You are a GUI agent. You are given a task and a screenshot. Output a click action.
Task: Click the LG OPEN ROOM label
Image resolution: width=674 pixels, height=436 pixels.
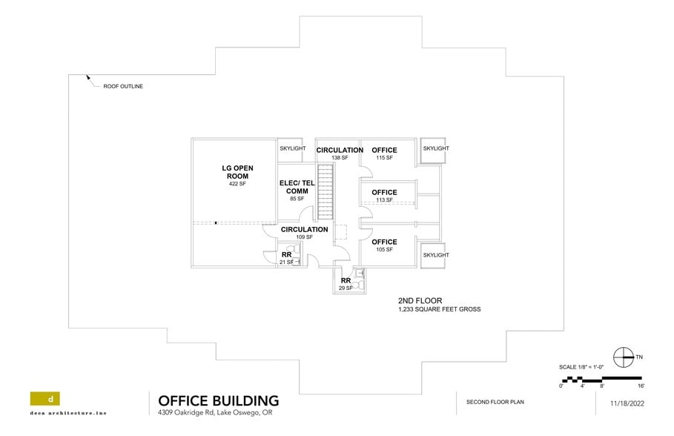point(237,172)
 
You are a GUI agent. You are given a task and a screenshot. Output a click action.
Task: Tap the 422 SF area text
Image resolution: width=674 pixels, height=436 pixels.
point(237,184)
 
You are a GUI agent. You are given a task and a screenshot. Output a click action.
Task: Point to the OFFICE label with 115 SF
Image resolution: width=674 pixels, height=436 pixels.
point(384,151)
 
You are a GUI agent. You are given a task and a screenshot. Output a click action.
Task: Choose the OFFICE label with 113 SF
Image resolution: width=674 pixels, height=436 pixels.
point(384,192)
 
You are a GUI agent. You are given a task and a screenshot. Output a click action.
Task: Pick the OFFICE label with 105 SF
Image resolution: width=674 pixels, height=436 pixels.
point(384,242)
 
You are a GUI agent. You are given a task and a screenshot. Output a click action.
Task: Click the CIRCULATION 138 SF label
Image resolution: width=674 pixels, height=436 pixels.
point(340,151)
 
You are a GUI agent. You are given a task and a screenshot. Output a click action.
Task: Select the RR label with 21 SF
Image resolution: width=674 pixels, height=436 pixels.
point(286,254)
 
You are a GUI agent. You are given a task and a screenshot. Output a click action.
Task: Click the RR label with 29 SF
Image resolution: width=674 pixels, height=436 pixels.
point(346,280)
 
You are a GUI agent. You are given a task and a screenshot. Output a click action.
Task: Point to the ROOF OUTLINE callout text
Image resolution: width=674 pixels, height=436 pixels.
point(123,87)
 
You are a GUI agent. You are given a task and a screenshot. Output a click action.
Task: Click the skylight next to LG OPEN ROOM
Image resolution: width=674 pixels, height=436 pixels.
point(292,148)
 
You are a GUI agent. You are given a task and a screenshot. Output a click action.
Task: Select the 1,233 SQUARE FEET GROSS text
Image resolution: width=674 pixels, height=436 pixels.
point(439,309)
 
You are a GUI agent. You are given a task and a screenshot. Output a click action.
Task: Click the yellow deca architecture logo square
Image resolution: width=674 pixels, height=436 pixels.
point(45,398)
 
